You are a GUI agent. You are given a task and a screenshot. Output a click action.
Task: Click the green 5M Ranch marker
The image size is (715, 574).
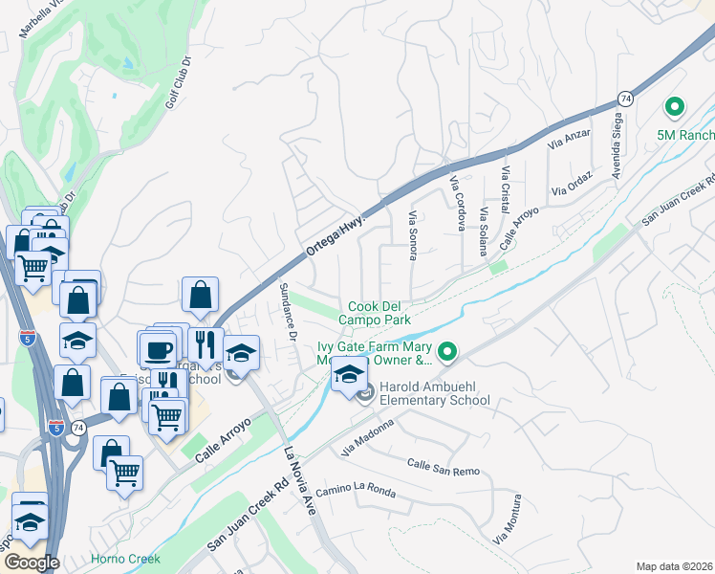point(675,108)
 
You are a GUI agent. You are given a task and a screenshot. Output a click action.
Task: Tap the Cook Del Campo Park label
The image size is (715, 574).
point(379,314)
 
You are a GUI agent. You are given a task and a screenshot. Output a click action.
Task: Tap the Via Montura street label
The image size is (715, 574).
point(508,519)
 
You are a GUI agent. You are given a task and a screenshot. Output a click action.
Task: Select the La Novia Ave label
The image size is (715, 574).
point(298,480)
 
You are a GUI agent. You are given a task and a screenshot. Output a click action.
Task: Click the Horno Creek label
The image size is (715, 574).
point(125,559)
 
